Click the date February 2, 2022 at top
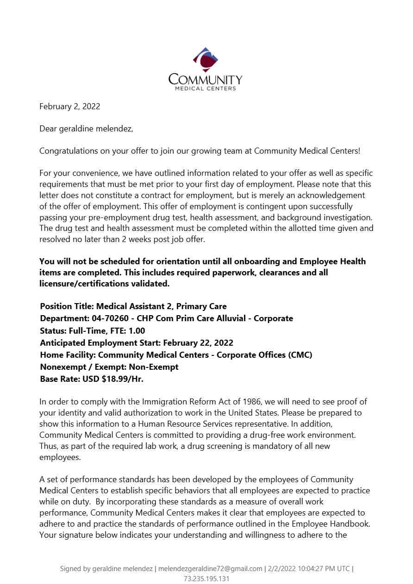[69, 106]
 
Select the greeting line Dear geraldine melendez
[86, 129]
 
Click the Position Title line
[133, 306]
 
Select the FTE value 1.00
[136, 331]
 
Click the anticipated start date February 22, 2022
[198, 343]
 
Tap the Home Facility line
[176, 355]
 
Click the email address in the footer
[210, 569]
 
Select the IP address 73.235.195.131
[206, 579]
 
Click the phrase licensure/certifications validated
[105, 284]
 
